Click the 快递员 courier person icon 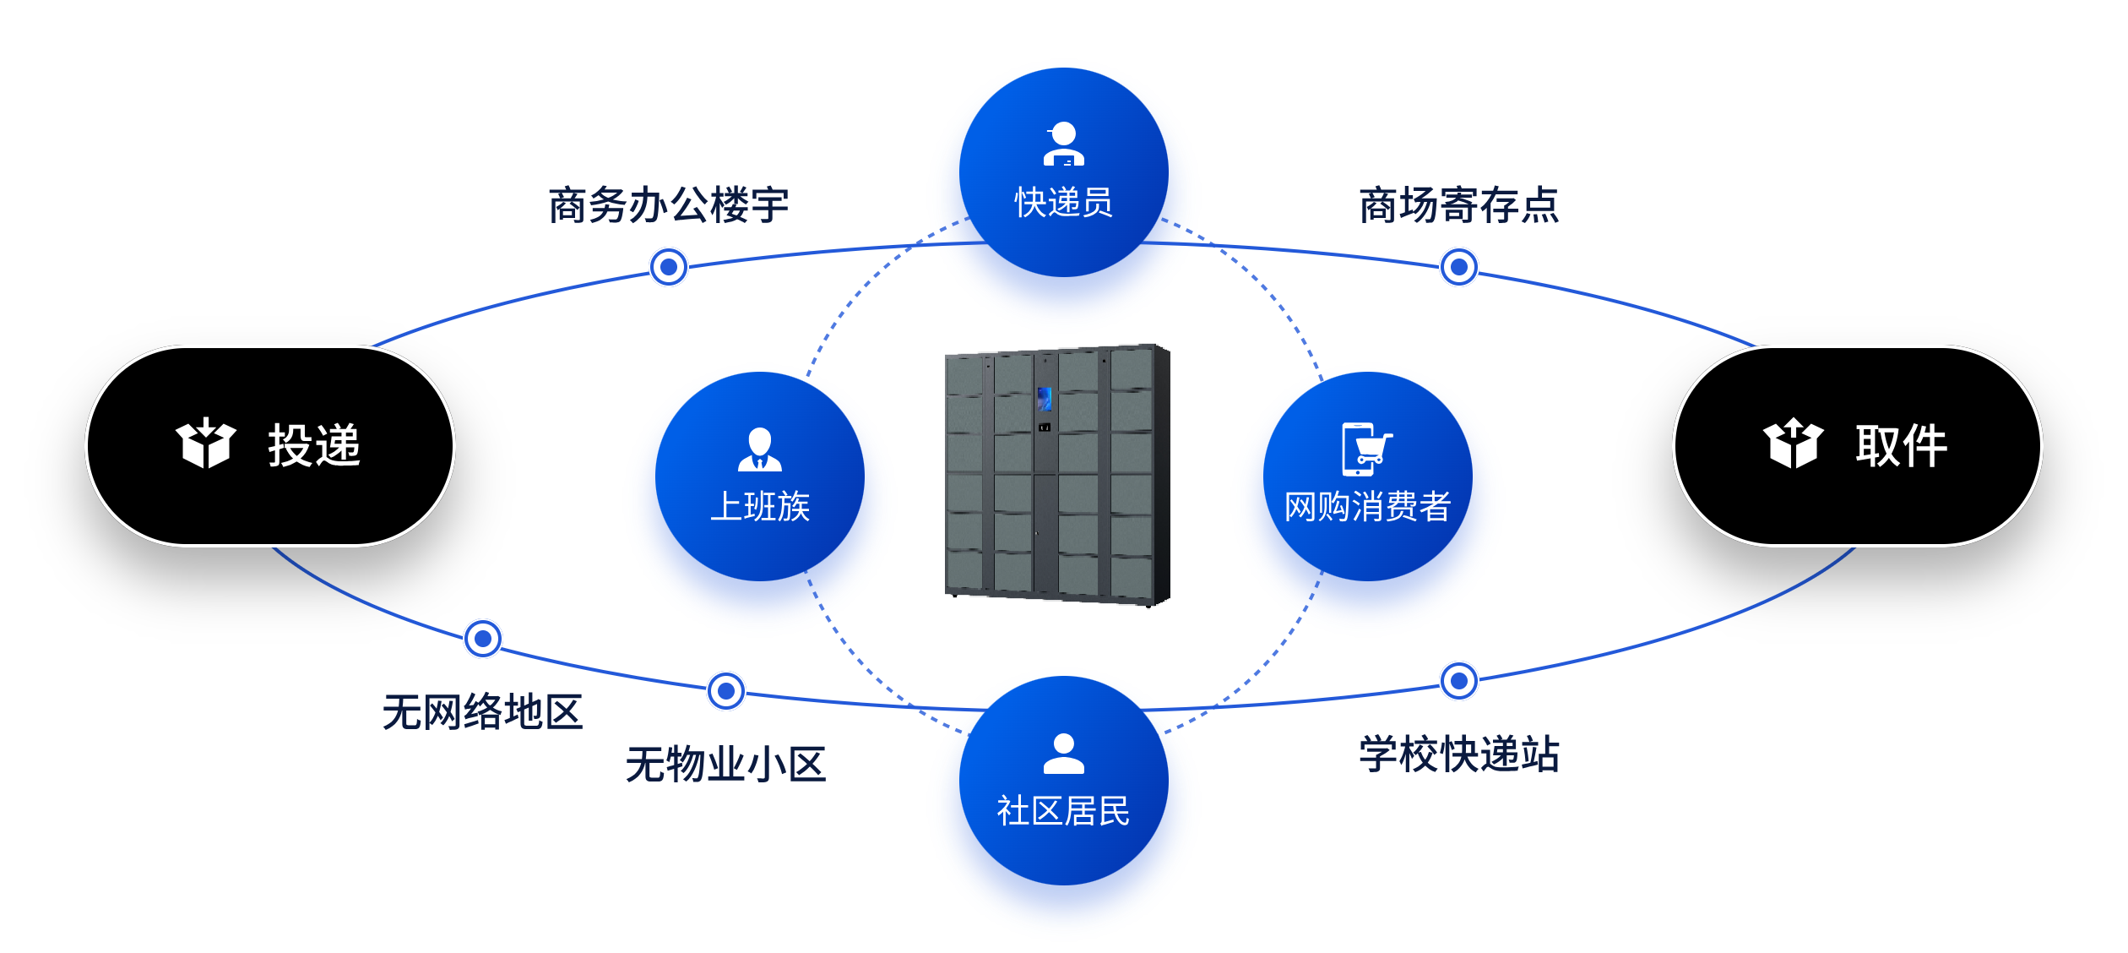pos(1063,144)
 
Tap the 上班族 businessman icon pos(759,449)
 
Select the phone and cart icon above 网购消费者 pos(1365,449)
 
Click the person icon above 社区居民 pos(1063,754)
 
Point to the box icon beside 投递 pos(205,444)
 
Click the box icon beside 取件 pos(1793,444)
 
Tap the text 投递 pos(314,445)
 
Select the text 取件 pos(1901,445)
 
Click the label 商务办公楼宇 pos(668,205)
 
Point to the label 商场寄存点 pos(1458,205)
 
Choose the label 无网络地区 pos(482,711)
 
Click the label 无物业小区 pos(725,764)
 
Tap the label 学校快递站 pos(1458,754)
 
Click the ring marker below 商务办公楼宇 pos(669,267)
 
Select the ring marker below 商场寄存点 pos(1458,267)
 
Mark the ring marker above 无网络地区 pos(483,639)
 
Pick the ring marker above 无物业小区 pos(725,691)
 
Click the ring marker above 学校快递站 pos(1458,681)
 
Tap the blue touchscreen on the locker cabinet pos(1045,398)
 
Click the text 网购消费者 pos(1367,507)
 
